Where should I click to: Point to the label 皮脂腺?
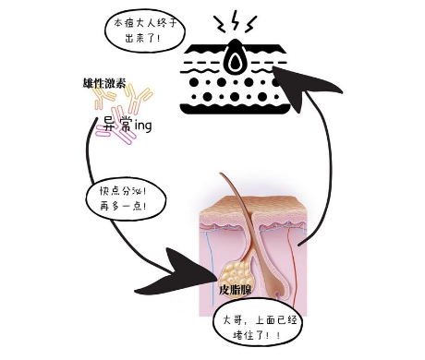[237, 289]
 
